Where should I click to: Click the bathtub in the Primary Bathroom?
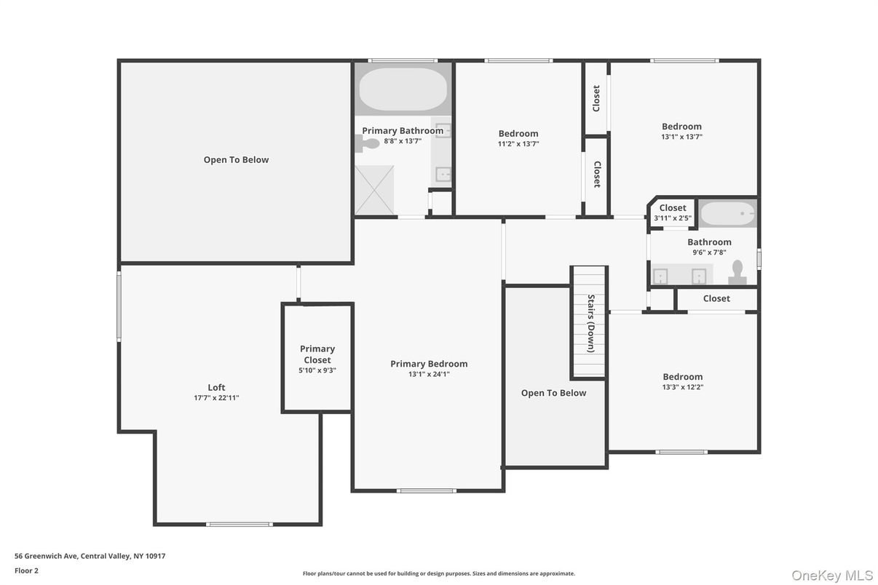pos(403,89)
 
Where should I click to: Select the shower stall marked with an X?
pos(374,190)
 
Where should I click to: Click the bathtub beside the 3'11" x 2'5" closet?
pos(728,213)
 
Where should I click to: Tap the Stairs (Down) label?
pos(591,323)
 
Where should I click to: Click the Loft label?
pos(216,388)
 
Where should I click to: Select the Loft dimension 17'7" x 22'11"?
pos(216,398)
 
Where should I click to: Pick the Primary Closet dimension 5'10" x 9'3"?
pos(317,370)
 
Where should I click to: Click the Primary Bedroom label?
pos(429,364)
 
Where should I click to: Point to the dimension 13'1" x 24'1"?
pos(429,374)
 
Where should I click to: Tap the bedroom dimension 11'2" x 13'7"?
pos(518,144)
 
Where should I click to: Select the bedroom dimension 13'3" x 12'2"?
pos(682,387)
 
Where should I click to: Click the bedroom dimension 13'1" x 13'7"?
pos(681,137)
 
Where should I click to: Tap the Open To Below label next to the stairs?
pos(553,393)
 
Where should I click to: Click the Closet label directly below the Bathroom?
pos(716,298)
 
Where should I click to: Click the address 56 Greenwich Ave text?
pos(90,556)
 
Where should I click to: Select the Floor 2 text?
pos(26,570)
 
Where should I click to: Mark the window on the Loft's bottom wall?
pos(239,524)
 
